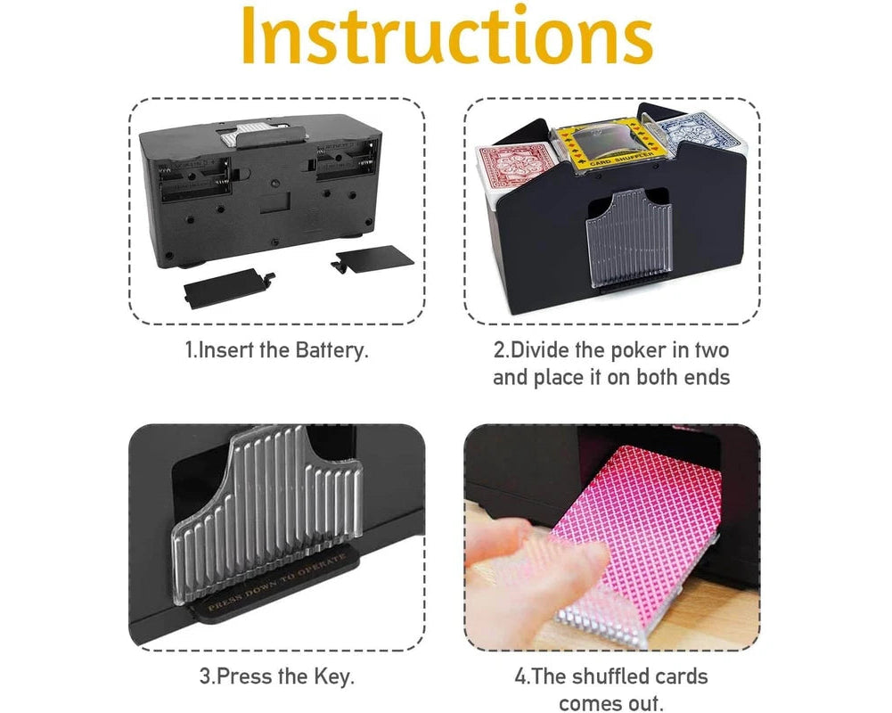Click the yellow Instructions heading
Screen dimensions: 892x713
point(446,36)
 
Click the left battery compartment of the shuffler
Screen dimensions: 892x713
point(194,182)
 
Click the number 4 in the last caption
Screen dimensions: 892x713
point(520,677)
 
